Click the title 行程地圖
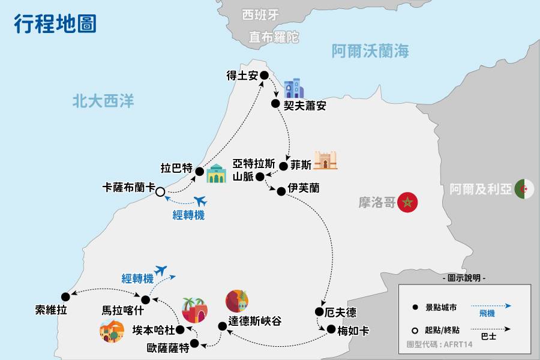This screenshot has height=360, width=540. (55, 25)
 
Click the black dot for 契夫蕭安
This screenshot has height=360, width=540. (275, 104)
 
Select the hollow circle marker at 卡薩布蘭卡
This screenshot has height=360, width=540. (160, 192)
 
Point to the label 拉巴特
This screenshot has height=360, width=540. (176, 167)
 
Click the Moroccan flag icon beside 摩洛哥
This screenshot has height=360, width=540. (408, 203)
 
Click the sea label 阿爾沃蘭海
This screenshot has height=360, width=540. (370, 52)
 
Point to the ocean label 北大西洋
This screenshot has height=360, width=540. (103, 101)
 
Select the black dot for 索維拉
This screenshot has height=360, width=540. (65, 295)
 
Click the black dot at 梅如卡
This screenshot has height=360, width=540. (329, 329)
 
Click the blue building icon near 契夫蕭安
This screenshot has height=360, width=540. (293, 89)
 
